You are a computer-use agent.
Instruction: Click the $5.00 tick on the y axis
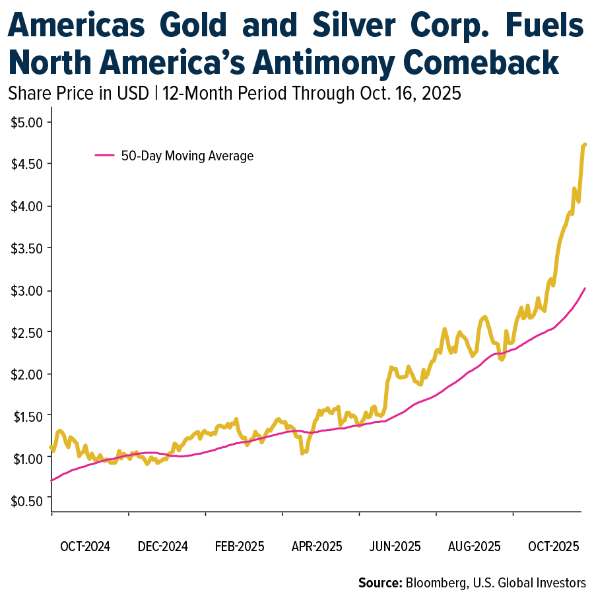(x=26, y=122)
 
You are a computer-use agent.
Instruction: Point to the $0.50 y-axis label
(x=26, y=500)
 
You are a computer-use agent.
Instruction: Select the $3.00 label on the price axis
(x=26, y=290)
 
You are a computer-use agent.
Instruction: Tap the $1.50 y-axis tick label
(x=26, y=416)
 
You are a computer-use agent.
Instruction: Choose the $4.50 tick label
(x=26, y=164)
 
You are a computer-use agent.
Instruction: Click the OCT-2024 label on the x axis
(x=85, y=547)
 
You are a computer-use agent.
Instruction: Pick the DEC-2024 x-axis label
(x=162, y=547)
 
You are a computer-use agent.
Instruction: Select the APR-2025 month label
(x=317, y=547)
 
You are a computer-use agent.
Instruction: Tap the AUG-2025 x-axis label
(x=475, y=547)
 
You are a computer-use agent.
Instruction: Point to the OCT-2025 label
(x=553, y=547)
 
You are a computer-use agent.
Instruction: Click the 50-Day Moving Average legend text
(x=187, y=156)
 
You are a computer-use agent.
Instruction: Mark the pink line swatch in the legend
(x=106, y=156)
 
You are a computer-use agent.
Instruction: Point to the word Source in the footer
(x=379, y=582)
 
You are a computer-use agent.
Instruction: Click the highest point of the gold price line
(x=585, y=144)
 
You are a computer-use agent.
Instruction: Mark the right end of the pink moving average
(x=585, y=288)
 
